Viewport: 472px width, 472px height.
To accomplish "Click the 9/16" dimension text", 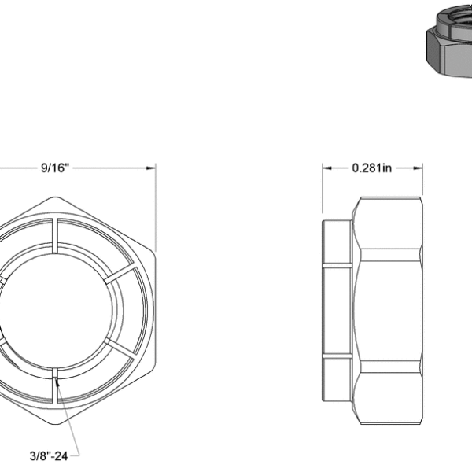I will pyautogui.click(x=54, y=168).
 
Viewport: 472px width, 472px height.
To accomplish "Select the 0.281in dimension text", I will pyautogui.click(x=372, y=168).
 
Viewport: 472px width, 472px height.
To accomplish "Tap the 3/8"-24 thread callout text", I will pyautogui.click(x=54, y=454).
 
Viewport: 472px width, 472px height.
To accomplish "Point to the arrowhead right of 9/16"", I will pyautogui.click(x=149, y=168).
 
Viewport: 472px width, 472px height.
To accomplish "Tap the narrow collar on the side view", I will pyautogui.click(x=337, y=311).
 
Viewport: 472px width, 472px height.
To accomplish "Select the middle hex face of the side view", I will pyautogui.click(x=387, y=311).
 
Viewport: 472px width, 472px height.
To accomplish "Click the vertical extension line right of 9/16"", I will pyautogui.click(x=156, y=205).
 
